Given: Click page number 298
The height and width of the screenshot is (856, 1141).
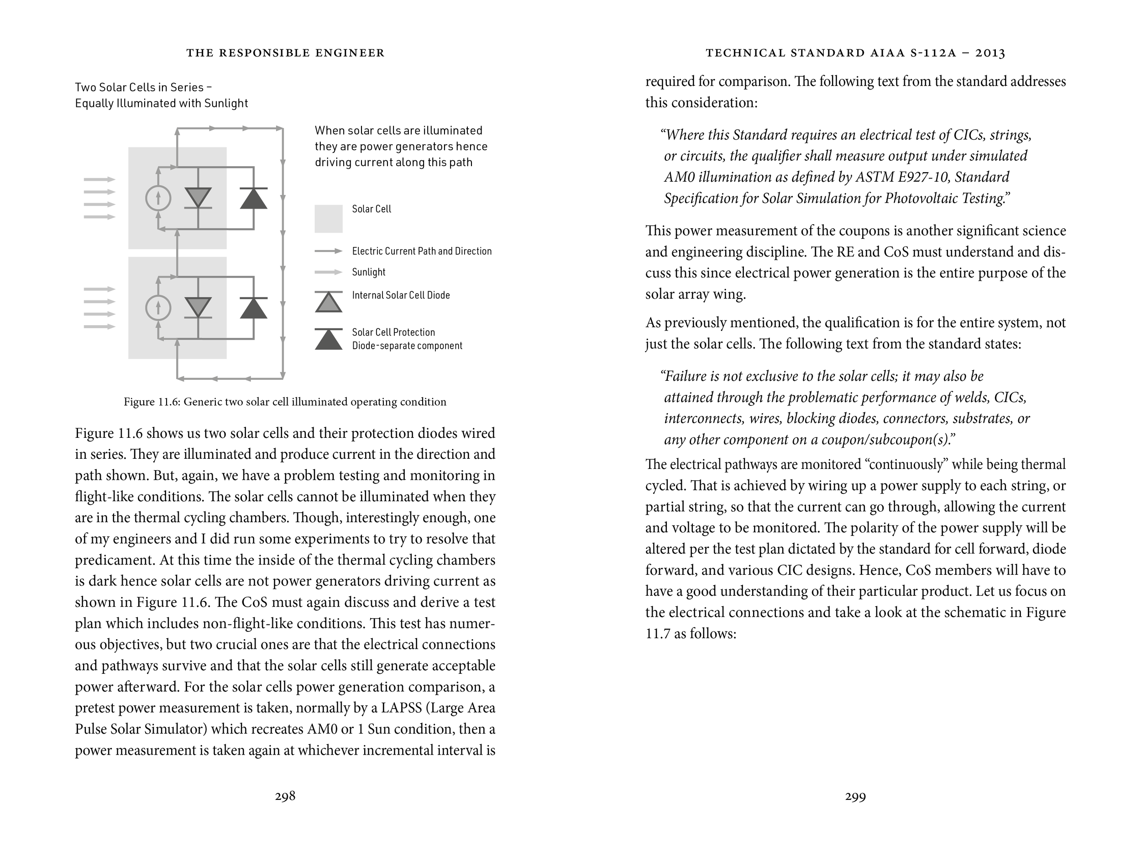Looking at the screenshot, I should click(x=285, y=796).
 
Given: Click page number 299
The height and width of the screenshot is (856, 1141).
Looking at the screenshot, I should click(x=855, y=797).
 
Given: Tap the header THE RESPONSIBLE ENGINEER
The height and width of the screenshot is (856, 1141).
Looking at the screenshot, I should click(x=285, y=53).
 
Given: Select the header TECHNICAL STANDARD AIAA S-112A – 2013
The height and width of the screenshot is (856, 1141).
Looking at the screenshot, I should click(x=855, y=53).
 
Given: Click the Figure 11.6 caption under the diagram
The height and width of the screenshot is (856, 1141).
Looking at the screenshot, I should click(x=285, y=401).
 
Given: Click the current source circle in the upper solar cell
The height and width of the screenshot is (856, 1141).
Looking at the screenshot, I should click(x=158, y=198).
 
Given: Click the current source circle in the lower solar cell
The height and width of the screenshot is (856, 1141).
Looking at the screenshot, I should click(x=158, y=308).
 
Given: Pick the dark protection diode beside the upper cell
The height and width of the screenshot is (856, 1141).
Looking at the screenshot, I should click(x=253, y=198).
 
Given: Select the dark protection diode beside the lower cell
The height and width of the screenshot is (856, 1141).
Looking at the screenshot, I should click(x=253, y=308).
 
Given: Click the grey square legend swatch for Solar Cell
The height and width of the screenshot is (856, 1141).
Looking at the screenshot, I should click(x=329, y=219).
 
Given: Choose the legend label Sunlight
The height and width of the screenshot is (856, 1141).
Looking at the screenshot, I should click(x=368, y=272).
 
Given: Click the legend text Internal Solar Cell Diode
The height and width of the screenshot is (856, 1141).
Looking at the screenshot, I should click(x=401, y=295).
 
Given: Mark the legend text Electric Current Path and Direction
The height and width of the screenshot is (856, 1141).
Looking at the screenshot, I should click(x=421, y=251).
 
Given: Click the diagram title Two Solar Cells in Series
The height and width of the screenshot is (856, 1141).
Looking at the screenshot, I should click(x=143, y=87).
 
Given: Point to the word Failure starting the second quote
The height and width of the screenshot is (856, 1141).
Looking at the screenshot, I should click(x=686, y=376).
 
